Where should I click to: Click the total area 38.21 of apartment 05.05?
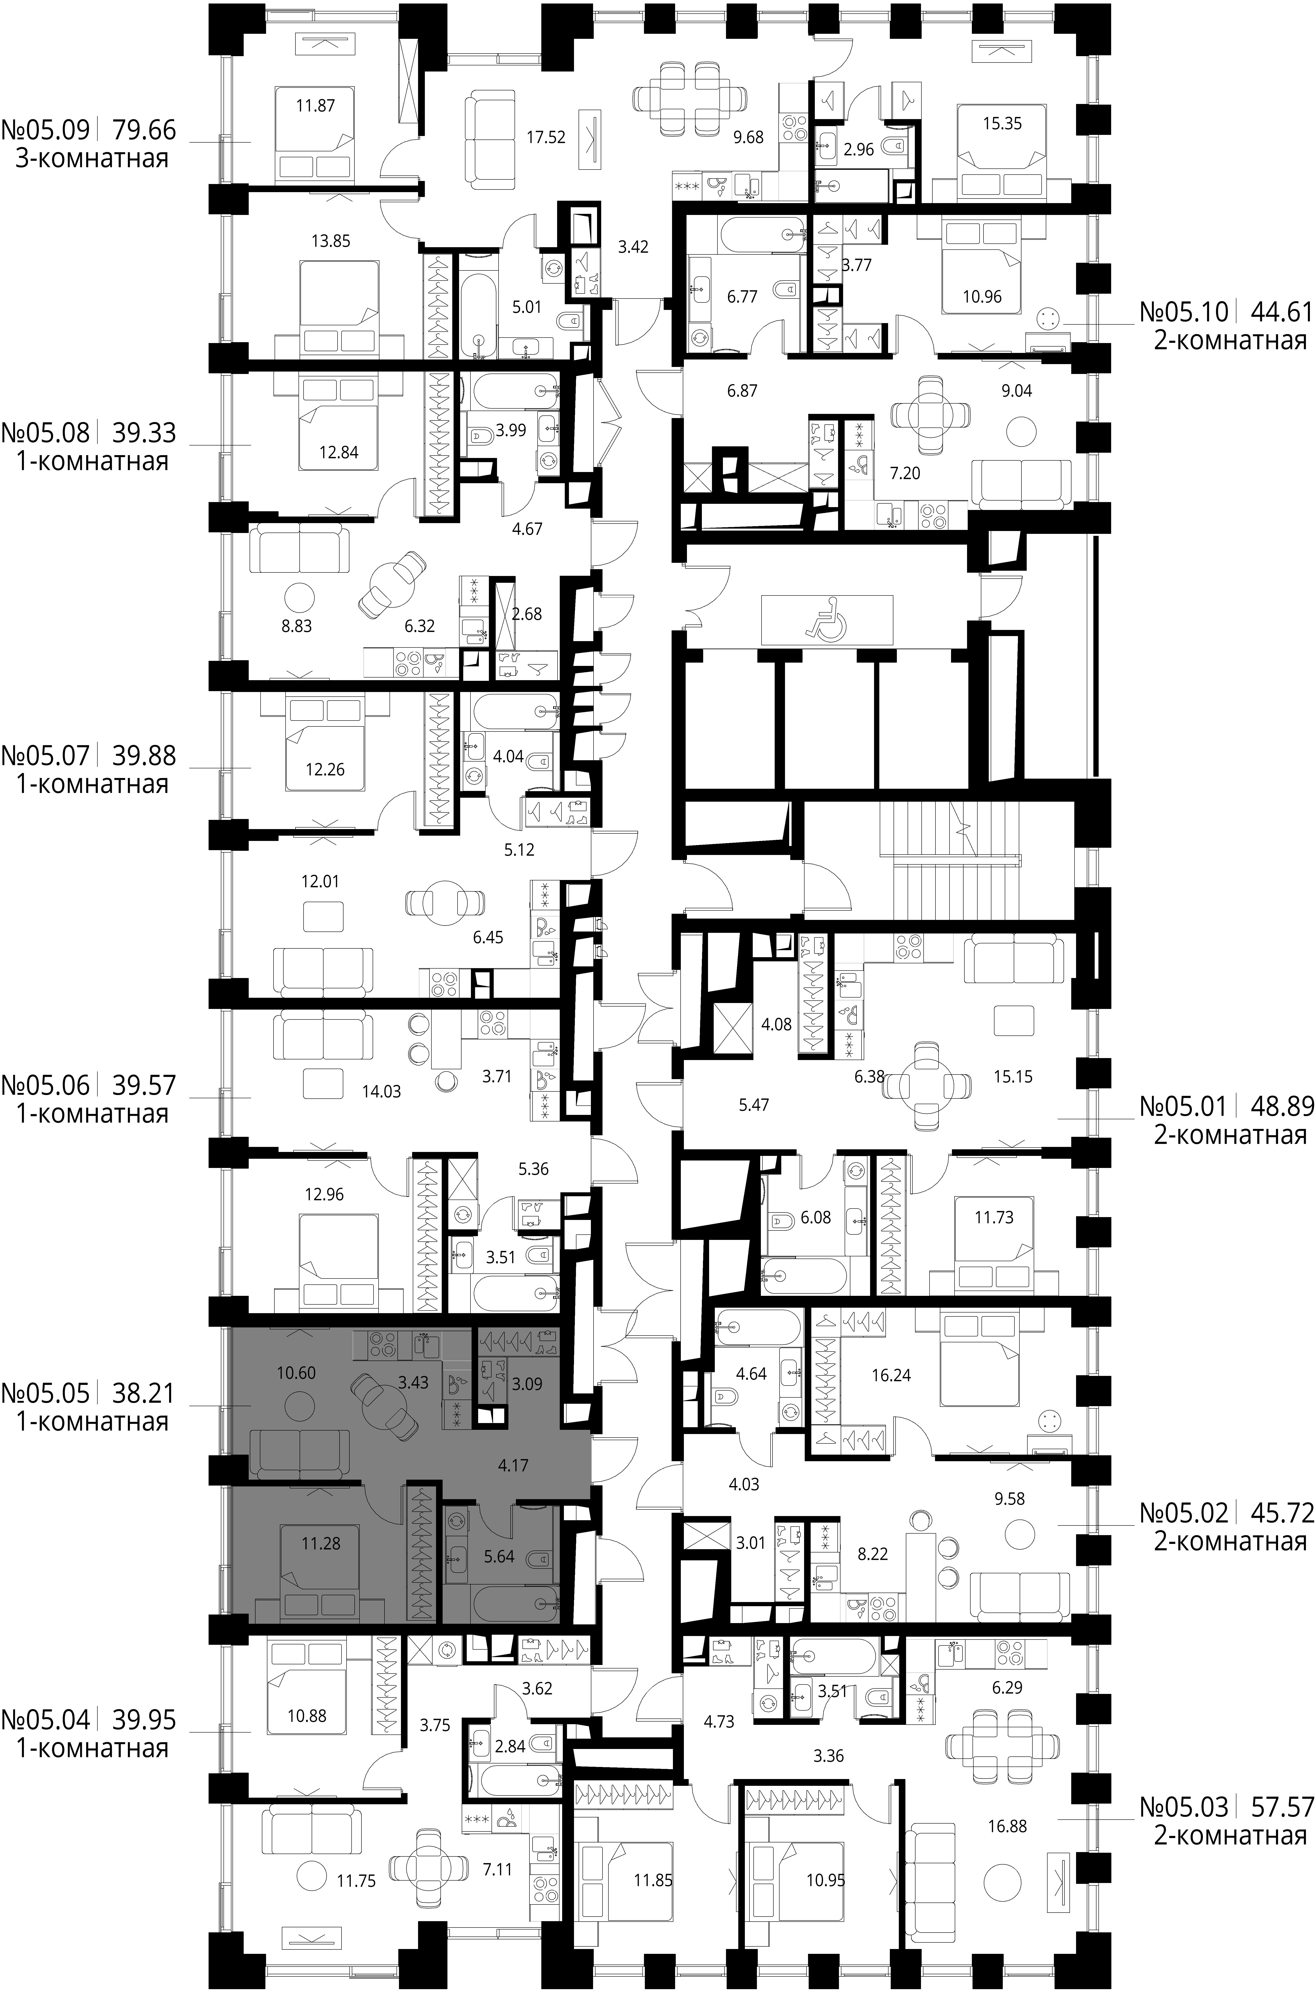click(144, 1394)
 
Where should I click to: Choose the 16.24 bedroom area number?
click(891, 1375)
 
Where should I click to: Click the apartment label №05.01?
click(1183, 1107)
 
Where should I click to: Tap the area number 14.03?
click(381, 1092)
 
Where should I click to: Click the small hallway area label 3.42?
click(633, 248)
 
